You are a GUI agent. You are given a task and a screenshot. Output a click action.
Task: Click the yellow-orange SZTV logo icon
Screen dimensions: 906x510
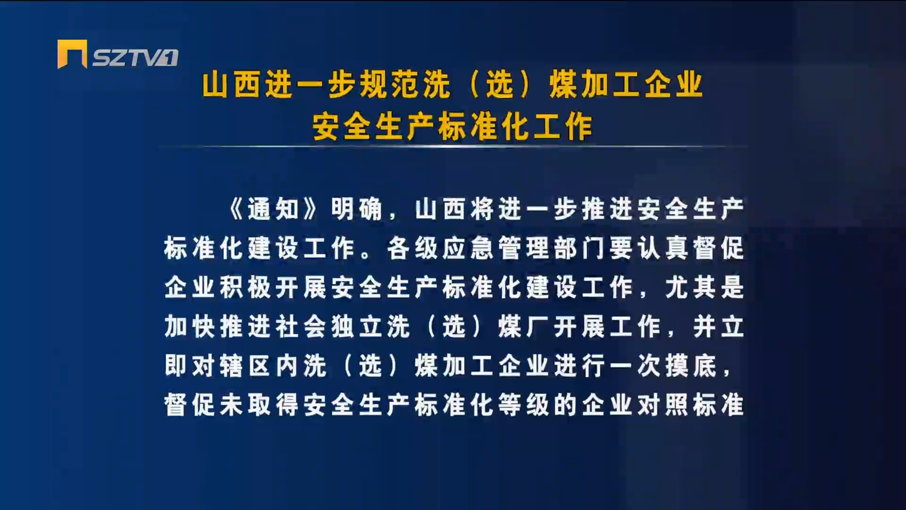72,54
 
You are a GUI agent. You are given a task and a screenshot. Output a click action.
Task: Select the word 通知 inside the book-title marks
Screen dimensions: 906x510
274,209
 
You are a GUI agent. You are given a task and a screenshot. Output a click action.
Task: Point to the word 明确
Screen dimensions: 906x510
357,209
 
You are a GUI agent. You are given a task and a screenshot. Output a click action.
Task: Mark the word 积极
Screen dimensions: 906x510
246,288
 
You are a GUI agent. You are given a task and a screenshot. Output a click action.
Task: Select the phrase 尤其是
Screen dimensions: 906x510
705,288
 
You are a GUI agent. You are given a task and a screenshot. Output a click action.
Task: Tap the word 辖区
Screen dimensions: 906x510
246,366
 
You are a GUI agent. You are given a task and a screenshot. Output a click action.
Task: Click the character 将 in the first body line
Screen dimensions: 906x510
482,209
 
